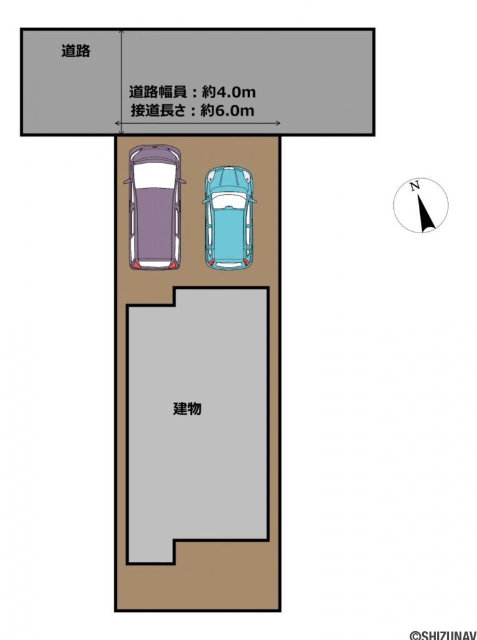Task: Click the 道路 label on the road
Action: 76,51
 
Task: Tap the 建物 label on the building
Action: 187,409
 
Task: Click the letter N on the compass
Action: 414,186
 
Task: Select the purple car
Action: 155,207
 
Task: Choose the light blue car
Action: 229,217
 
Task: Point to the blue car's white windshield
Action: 229,200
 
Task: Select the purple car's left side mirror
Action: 128,181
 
